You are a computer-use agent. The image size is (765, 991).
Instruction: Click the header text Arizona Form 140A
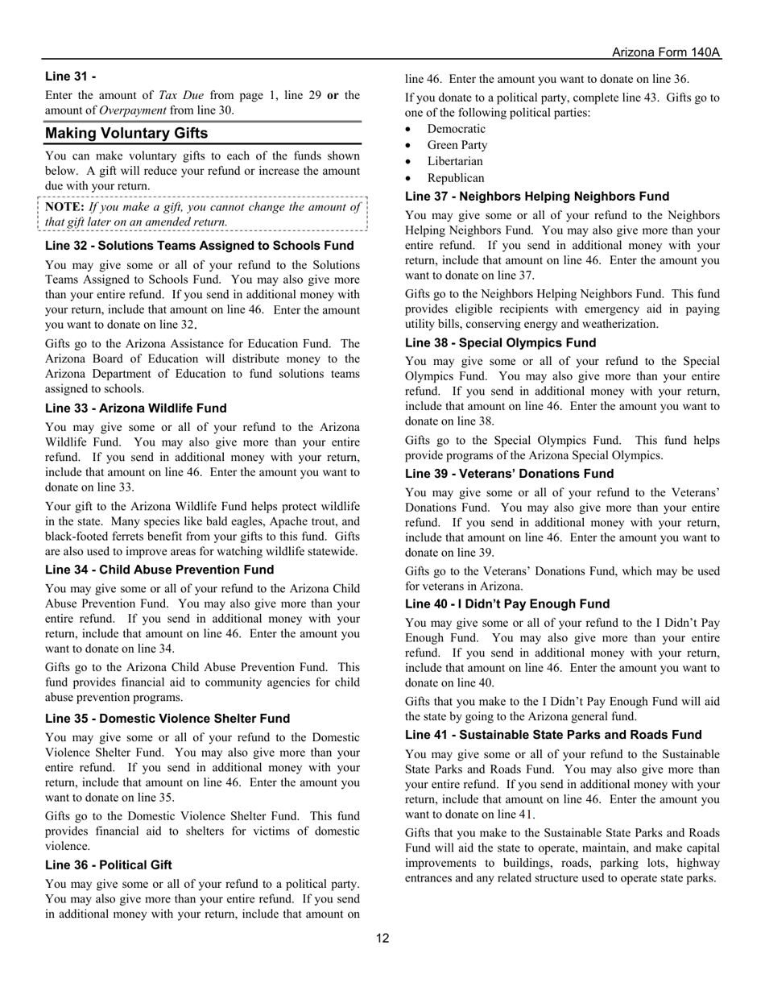665,52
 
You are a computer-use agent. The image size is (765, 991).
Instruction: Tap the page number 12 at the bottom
382,938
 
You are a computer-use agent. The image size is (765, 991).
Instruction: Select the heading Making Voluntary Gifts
126,133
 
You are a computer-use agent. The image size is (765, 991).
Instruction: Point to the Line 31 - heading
71,77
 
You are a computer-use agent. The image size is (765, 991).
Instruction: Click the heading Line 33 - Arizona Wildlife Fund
136,408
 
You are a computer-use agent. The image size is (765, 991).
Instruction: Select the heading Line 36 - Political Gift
109,865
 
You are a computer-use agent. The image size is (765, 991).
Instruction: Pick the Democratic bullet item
456,129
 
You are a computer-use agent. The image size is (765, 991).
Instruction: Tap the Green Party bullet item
457,145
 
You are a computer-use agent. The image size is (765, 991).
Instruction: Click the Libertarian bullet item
455,161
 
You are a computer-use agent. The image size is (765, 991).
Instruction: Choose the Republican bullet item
456,178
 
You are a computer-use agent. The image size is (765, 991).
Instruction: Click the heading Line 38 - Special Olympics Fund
500,342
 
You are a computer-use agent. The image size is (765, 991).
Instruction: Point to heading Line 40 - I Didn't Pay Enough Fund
507,604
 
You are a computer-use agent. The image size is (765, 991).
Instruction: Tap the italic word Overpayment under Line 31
132,110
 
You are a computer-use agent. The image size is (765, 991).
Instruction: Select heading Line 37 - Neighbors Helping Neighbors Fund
537,197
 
